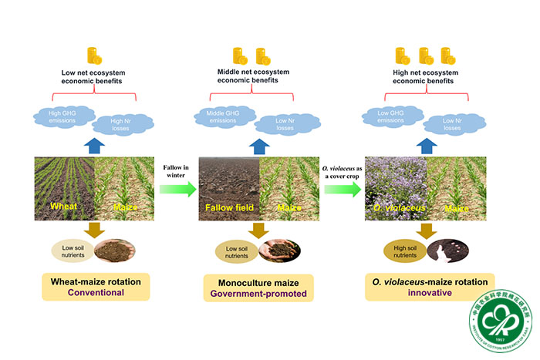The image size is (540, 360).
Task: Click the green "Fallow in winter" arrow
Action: tap(179, 187)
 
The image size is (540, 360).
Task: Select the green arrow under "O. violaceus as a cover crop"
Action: tap(343, 187)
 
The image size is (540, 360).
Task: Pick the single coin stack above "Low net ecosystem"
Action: tap(94, 56)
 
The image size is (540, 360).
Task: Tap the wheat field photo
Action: tap(65, 187)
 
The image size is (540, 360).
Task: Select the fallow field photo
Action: tap(229, 187)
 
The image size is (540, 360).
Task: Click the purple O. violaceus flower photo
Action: tap(395, 187)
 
